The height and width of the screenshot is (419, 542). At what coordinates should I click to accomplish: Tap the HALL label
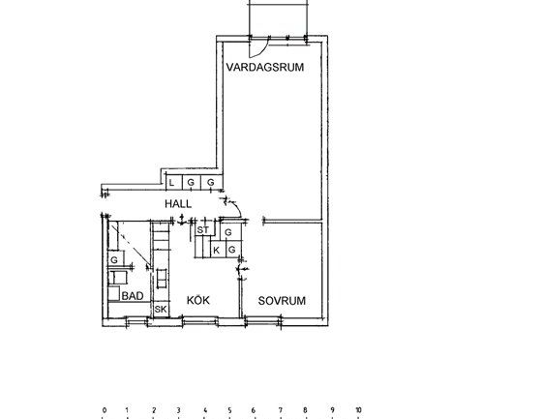178,205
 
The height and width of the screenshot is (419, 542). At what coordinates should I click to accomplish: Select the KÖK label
199,301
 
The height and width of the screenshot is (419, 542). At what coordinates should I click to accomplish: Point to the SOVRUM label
282,301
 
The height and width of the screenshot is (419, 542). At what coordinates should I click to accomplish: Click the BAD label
133,296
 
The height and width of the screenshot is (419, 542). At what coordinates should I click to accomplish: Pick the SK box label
160,309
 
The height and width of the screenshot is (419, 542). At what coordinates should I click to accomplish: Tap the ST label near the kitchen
202,230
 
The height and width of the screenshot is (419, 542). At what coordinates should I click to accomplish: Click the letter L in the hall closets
171,182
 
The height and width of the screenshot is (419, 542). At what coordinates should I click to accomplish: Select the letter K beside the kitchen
217,250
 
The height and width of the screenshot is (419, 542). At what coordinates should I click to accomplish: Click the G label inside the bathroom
113,260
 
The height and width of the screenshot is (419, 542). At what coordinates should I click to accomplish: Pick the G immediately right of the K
231,250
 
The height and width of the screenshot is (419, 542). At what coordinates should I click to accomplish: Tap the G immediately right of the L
190,182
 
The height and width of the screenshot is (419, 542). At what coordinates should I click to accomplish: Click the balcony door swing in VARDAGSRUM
257,47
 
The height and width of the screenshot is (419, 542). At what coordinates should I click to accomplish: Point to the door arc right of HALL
230,203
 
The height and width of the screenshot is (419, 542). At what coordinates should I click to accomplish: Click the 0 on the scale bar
104,410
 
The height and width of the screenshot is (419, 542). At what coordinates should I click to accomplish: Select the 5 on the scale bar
230,410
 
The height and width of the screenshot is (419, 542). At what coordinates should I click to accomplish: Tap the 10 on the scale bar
358,410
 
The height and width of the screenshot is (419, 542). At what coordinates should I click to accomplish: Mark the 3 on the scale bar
179,410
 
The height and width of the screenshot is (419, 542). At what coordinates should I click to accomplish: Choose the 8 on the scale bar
307,410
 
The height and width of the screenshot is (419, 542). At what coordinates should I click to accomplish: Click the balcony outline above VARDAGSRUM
279,17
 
